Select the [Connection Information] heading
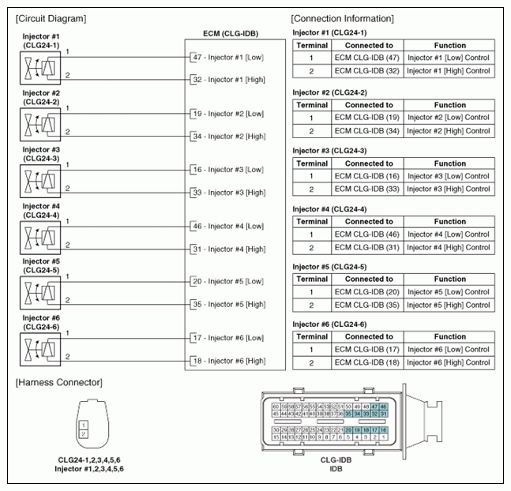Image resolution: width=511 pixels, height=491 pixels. (343, 18)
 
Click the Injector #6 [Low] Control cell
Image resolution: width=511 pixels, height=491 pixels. (449, 350)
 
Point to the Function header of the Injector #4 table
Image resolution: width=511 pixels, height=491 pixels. (449, 221)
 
